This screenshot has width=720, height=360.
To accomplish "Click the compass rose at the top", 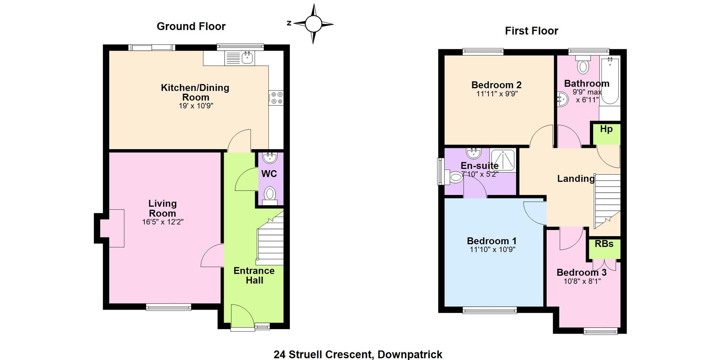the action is pyautogui.click(x=313, y=24).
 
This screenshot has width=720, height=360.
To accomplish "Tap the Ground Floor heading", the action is pyautogui.click(x=191, y=26).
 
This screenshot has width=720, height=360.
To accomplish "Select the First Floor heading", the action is pyautogui.click(x=531, y=31).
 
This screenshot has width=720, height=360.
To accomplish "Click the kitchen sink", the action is pyautogui.click(x=247, y=58).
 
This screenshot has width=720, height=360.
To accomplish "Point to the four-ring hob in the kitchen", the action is pyautogui.click(x=277, y=98).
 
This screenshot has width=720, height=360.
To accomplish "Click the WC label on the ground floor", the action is pyautogui.click(x=269, y=174).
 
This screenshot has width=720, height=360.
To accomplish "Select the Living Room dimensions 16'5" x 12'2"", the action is pyautogui.click(x=163, y=222).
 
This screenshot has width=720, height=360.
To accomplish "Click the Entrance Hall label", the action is pyautogui.click(x=254, y=276).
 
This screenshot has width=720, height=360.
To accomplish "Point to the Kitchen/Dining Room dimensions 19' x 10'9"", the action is pyautogui.click(x=196, y=106).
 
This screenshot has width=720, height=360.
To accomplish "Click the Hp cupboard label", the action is pyautogui.click(x=606, y=129).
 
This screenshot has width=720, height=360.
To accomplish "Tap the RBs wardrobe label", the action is pyautogui.click(x=604, y=244).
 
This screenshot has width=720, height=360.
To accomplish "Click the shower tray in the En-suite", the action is pyautogui.click(x=503, y=160).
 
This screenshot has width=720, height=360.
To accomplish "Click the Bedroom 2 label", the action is pyautogui.click(x=496, y=85).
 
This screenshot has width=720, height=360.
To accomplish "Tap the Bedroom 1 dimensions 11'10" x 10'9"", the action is pyautogui.click(x=492, y=249).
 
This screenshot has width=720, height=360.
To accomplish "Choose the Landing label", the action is pyautogui.click(x=576, y=178).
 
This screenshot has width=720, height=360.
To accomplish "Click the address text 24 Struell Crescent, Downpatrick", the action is pyautogui.click(x=358, y=354).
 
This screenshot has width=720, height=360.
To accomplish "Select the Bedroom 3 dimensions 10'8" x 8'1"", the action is pyautogui.click(x=582, y=281).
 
